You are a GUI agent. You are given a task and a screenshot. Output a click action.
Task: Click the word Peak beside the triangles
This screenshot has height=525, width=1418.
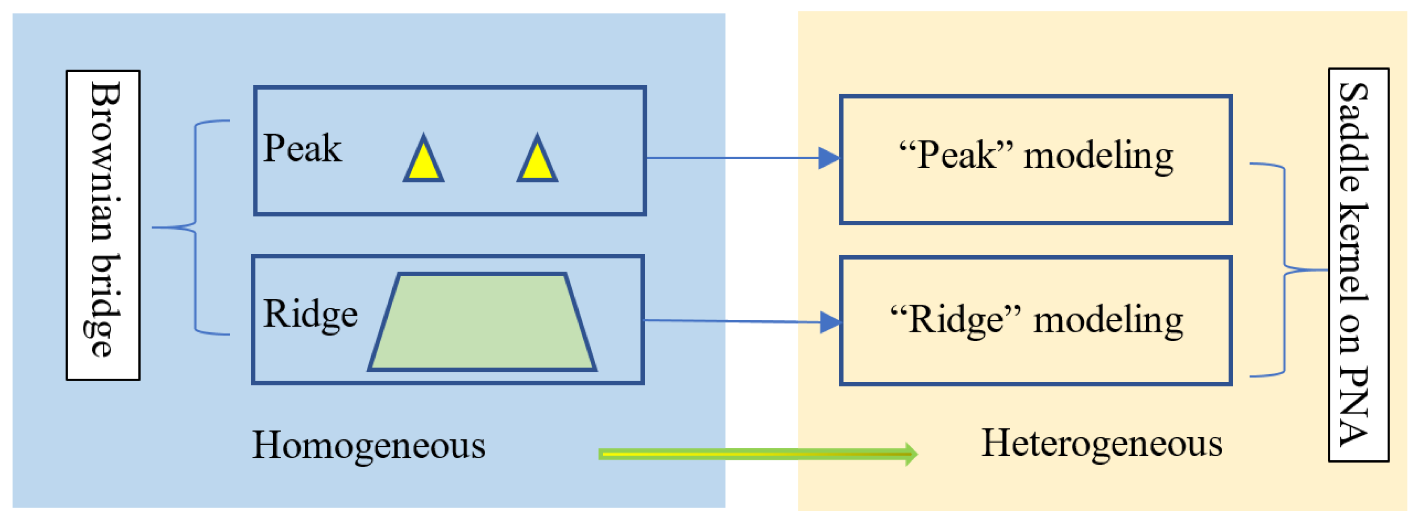coord(302,149)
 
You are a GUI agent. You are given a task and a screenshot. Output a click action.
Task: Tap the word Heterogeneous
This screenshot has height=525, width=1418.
coord(1102,443)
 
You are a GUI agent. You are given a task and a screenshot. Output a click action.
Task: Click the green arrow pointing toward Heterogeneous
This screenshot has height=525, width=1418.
coord(758,454)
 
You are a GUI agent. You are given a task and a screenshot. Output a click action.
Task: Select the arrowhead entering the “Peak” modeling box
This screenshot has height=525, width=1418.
coord(829,158)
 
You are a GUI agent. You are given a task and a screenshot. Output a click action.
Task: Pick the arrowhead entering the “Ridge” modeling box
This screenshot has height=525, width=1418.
coord(829,322)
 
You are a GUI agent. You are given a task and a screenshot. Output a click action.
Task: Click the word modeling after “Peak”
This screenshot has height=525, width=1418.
coord(1099,156)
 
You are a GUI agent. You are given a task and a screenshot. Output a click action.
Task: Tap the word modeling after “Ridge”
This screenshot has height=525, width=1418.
coord(1108,320)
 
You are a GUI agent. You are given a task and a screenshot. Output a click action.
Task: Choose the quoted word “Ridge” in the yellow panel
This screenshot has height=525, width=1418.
coord(955,319)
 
